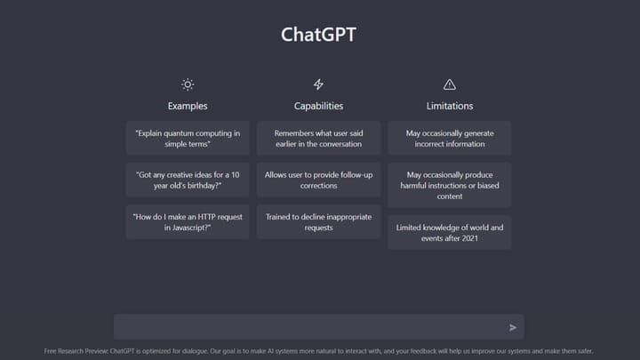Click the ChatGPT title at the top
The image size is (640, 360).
319,35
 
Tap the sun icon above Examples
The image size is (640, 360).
188,84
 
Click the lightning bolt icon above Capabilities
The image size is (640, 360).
318,84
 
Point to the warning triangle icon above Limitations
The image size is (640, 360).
449,84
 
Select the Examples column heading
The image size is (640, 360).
188,106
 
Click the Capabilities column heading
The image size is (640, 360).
318,106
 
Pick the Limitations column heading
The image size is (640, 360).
449,106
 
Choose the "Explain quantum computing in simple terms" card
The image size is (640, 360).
188,138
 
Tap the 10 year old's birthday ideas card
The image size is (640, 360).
188,180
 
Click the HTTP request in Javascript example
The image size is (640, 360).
188,222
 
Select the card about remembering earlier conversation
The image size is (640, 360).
318,138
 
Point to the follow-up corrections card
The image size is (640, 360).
318,180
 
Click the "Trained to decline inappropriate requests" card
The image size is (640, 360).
318,222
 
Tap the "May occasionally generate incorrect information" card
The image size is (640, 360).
449,138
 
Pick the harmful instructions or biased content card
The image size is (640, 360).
449,185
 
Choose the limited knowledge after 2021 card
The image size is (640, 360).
449,233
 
